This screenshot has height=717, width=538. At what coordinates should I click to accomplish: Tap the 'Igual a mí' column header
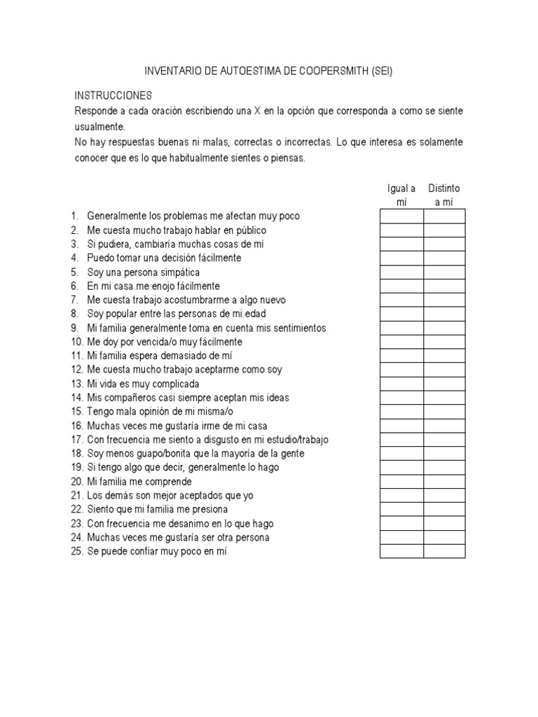[x=402, y=195]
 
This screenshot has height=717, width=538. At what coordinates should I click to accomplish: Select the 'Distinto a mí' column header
[x=444, y=195]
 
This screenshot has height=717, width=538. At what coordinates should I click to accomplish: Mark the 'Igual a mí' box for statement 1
[x=402, y=216]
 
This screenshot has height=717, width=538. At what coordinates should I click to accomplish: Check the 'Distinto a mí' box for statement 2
[x=444, y=230]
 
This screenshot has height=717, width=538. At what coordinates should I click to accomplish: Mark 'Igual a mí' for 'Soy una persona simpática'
[x=402, y=272]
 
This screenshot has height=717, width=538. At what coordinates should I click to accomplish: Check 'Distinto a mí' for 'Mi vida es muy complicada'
[x=444, y=384]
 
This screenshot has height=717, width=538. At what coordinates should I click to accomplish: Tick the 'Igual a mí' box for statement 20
[x=402, y=482]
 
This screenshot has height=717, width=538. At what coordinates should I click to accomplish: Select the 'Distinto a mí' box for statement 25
[x=444, y=552]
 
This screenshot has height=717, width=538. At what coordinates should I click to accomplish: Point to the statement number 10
[x=76, y=342]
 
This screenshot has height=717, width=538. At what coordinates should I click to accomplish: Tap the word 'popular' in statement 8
[x=119, y=314]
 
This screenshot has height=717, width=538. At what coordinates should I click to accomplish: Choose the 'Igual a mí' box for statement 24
[x=402, y=538]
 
